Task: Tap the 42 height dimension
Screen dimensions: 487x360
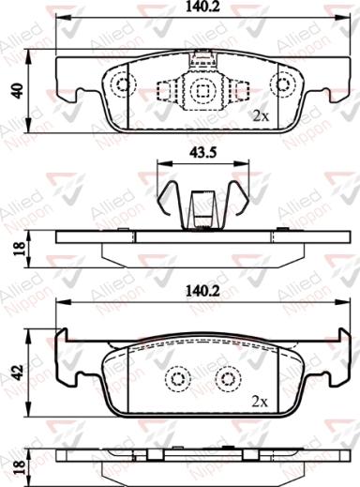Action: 16,371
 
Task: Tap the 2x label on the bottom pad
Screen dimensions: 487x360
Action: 262,401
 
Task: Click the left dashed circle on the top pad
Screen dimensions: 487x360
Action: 122,85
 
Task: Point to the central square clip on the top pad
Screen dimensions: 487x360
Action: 202,90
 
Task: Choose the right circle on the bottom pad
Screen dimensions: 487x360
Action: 226,379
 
